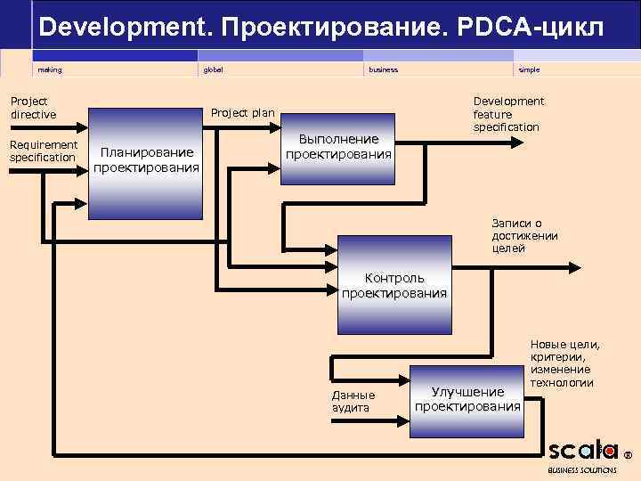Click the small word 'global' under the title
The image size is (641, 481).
[214, 69]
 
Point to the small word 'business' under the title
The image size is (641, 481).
[384, 69]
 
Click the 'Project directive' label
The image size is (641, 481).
[33, 108]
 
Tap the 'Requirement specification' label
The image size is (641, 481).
[44, 151]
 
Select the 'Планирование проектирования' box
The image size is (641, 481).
[147, 161]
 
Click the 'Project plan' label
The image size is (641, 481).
[242, 113]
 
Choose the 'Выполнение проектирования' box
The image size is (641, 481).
[338, 147]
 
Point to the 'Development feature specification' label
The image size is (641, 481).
[507, 114]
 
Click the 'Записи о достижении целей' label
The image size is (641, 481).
[524, 236]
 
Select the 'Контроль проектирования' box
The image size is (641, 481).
[394, 286]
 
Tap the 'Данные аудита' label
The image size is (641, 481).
[353, 401]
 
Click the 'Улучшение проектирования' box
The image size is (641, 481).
[467, 400]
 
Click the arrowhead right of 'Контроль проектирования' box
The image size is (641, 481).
[578, 266]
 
